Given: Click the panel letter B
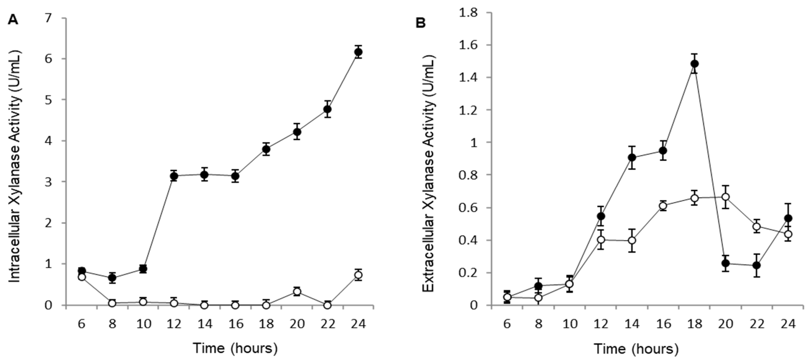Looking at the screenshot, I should [421, 23].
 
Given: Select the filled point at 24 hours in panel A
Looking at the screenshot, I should [358, 52].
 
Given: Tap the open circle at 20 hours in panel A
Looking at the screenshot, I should [297, 291].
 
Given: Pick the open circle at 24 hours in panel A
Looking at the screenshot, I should [358, 275].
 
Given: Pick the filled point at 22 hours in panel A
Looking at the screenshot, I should [328, 109].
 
